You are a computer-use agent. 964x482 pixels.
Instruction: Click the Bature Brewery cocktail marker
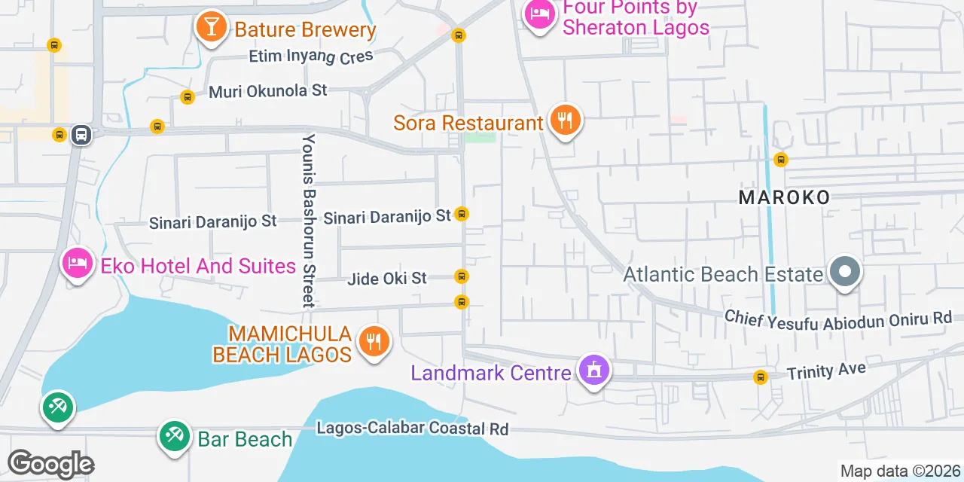coord(212,28)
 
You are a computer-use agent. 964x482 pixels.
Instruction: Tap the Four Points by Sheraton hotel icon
coord(540,14)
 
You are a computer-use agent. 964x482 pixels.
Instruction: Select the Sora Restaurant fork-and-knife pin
coord(564,120)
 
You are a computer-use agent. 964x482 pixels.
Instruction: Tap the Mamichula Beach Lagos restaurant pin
coord(373,342)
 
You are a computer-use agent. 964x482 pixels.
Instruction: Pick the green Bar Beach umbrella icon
coord(175,436)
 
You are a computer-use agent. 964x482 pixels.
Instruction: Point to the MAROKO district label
coord(784,197)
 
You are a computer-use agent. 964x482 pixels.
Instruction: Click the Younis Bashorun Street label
coord(309,221)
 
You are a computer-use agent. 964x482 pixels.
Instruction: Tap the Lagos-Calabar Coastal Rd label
coord(412,429)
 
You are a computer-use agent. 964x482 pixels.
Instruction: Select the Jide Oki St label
coord(387,279)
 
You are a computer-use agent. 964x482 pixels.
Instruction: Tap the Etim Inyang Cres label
coord(311,56)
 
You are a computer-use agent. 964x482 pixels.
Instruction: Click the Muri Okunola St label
coord(268,91)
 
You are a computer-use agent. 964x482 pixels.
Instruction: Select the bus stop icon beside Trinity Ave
coord(761,377)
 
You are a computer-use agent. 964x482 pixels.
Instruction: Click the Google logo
coord(50,464)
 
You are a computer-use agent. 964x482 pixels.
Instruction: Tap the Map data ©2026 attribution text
coord(901,471)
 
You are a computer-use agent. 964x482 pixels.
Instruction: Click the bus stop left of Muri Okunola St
coord(188,96)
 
